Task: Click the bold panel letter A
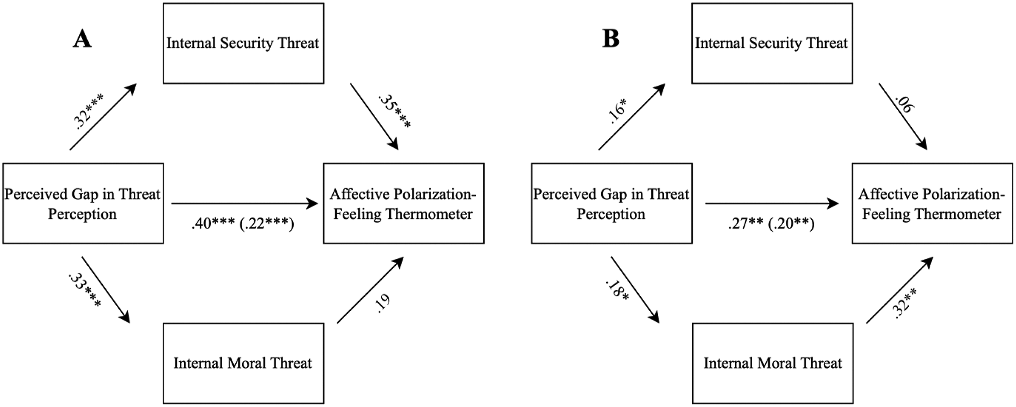tap(82, 39)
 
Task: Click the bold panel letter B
tap(610, 39)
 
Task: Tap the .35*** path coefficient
tap(394, 111)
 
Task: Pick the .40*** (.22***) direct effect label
tap(243, 224)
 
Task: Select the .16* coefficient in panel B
tap(618, 111)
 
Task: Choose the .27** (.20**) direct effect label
tap(771, 224)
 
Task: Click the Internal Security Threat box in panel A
tap(243, 43)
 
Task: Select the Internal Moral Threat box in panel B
tap(773, 363)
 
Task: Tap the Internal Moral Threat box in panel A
tap(243, 363)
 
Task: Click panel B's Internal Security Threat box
tap(772, 43)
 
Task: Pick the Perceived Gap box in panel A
tap(83, 203)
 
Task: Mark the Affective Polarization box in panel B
tap(932, 203)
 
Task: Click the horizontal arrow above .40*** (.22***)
tap(245, 203)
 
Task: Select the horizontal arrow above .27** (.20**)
tap(772, 203)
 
